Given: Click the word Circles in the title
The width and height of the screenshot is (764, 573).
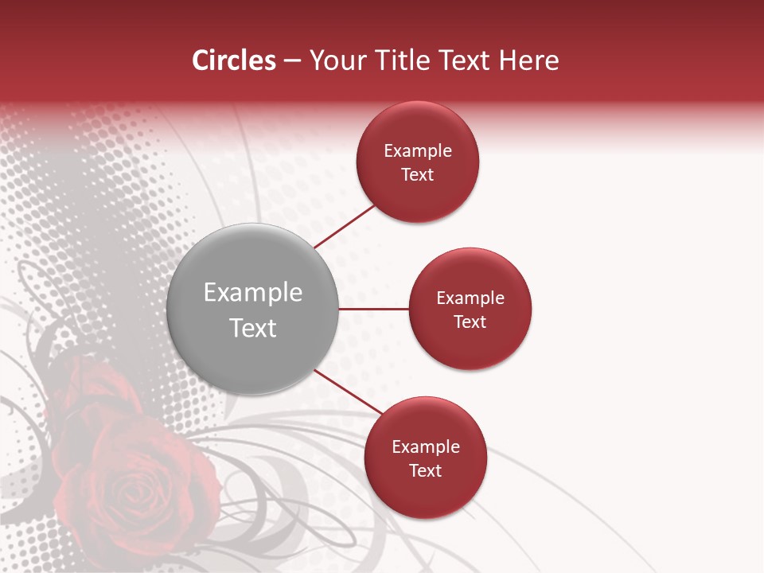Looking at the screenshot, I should coord(234,60).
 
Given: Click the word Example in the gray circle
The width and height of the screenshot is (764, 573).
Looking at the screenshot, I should coord(253,292).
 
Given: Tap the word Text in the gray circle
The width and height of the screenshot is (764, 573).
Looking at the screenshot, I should coord(253,328).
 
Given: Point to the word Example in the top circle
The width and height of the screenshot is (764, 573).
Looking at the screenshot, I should coord(418,150).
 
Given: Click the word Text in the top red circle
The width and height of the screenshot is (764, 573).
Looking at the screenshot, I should coord(418,174).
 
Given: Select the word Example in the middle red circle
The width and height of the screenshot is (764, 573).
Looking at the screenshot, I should coord(470,298).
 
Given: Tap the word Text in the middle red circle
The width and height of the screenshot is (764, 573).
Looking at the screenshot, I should coord(470,322).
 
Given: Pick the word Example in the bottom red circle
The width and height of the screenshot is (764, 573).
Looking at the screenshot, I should coord(426,446).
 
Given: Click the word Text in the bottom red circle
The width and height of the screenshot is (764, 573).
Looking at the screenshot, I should coord(426,470).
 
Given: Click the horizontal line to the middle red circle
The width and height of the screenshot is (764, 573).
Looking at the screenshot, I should coord(374,309).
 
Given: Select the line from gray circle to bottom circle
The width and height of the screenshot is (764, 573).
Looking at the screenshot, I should coord(349,392).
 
